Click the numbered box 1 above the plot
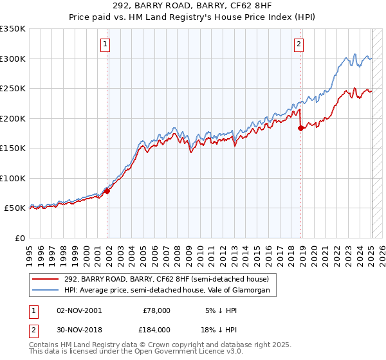105,44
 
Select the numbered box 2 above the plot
299,44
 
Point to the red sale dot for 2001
107,191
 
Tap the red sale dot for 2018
300,128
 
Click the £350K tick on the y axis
13,29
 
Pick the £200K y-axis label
13,118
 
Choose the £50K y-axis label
15,208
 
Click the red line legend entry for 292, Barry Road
170,278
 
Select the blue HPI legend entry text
170,291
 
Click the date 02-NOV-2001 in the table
79,310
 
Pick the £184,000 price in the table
156,328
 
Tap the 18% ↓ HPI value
221,328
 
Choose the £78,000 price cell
156,310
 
